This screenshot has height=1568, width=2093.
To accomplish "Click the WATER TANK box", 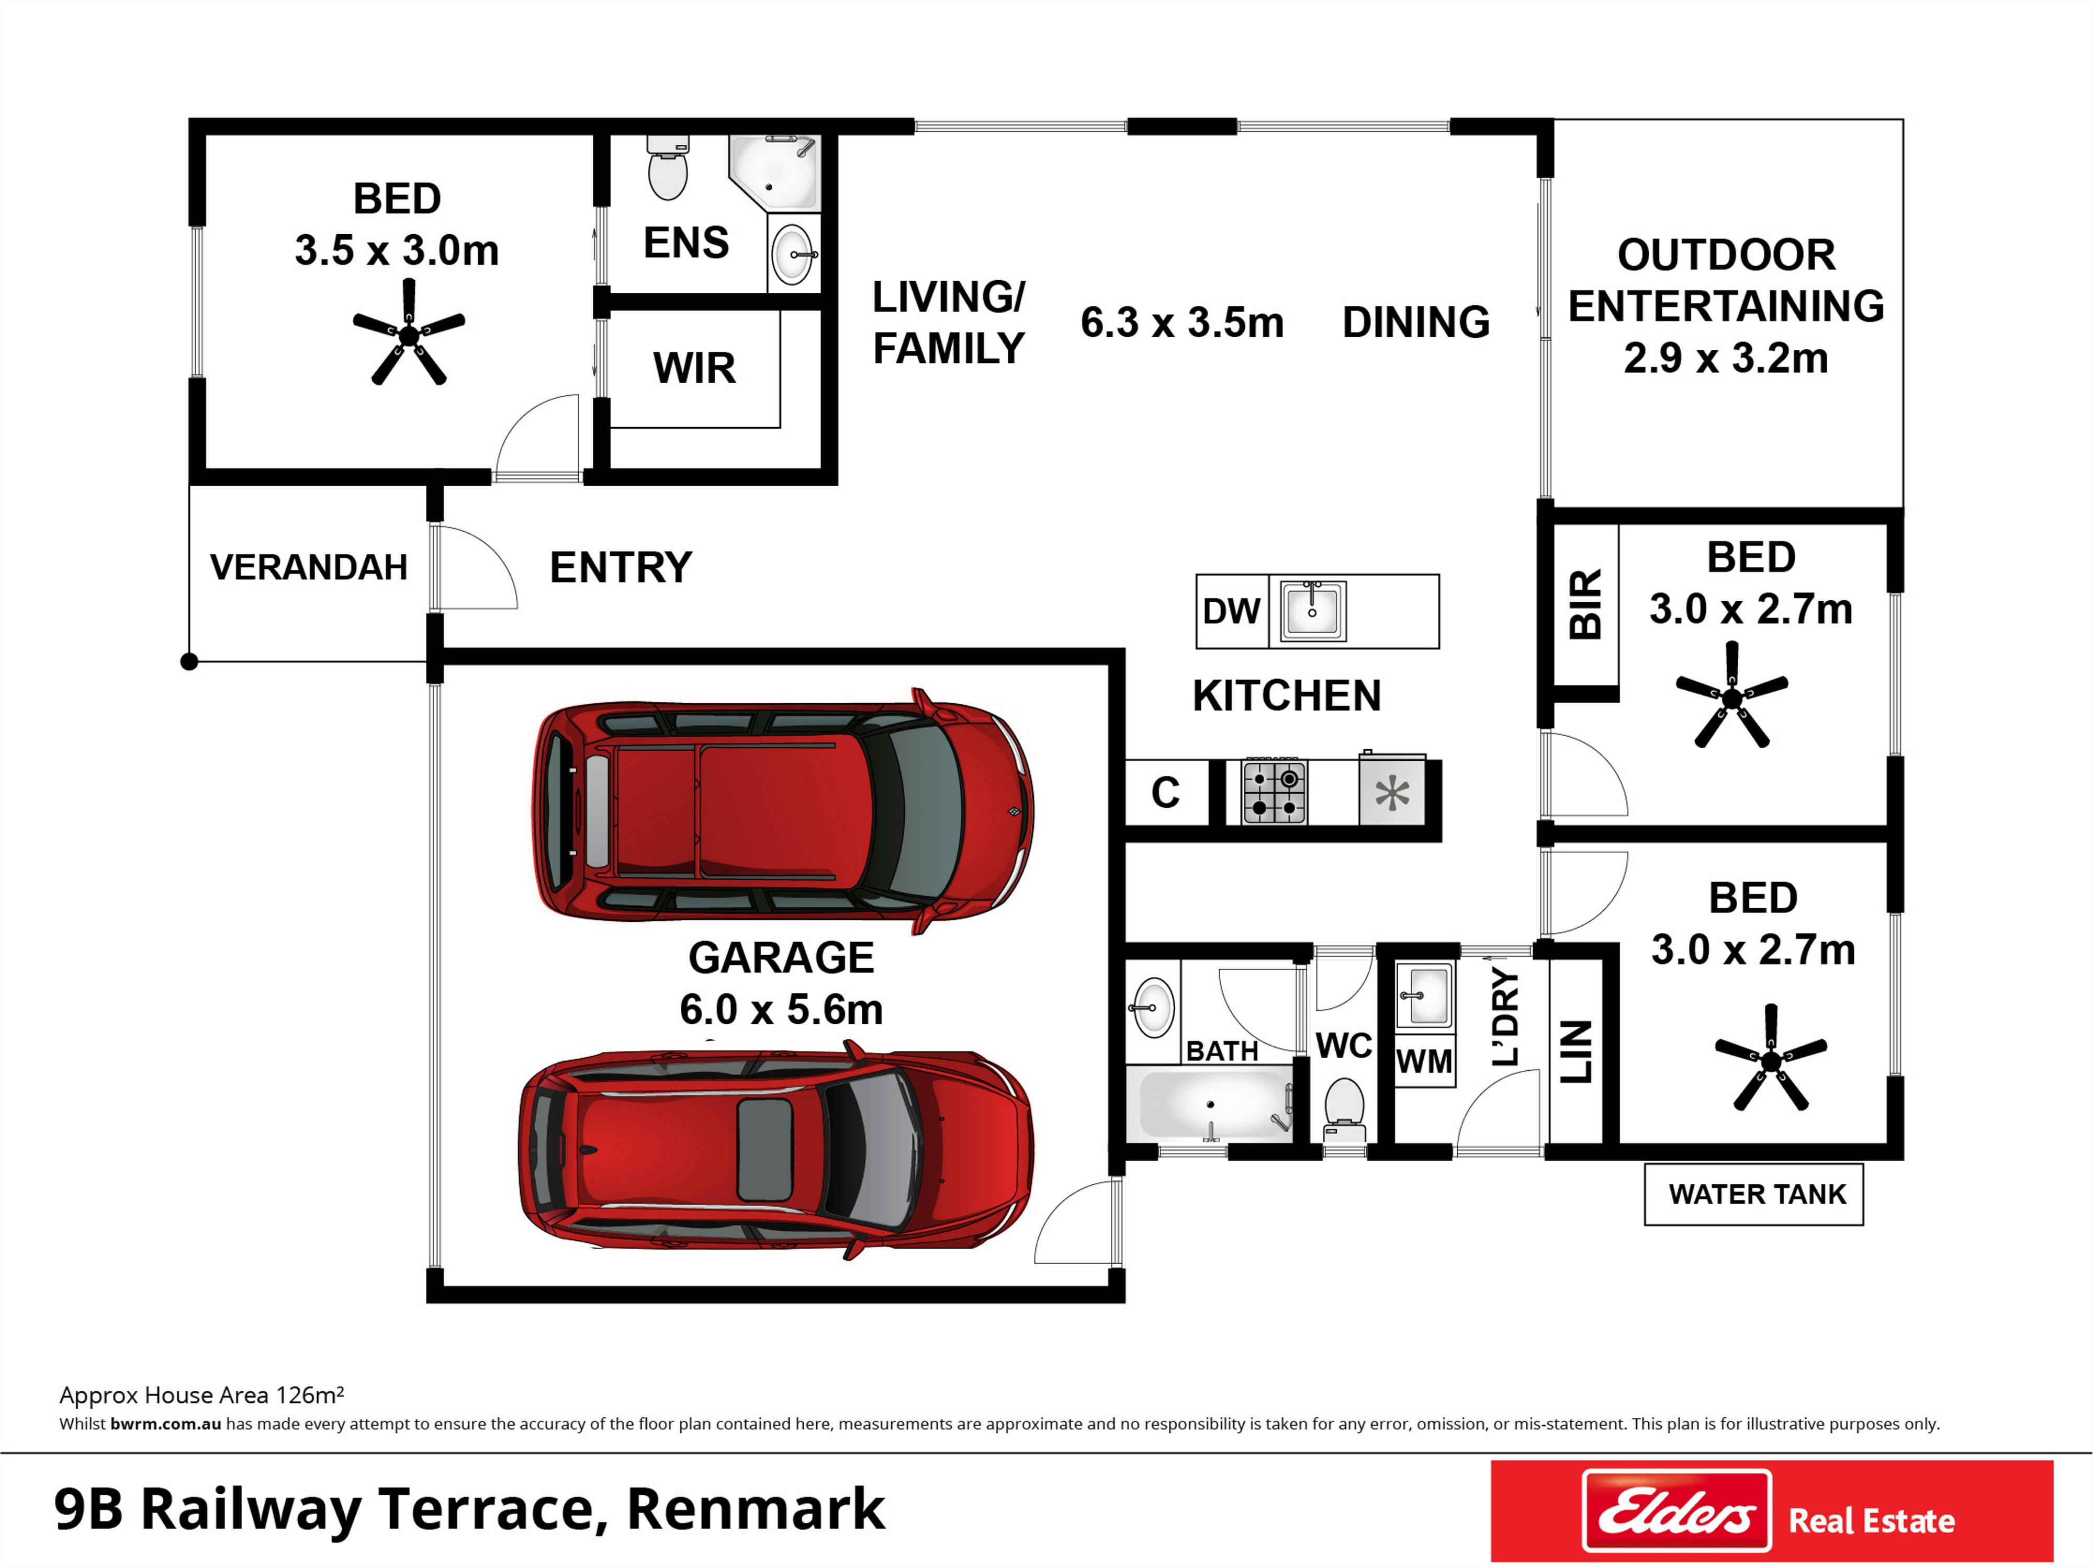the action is (1753, 1195).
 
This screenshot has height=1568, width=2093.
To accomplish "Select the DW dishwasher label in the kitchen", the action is (1231, 611).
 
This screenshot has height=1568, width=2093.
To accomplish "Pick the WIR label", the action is (694, 368).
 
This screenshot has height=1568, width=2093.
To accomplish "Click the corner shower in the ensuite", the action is (774, 173).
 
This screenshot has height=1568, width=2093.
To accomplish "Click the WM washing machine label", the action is (1424, 1061).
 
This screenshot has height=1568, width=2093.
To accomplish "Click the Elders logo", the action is (1676, 1510).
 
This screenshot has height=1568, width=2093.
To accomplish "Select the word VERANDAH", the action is (309, 567).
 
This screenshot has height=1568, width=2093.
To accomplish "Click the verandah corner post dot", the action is (189, 662).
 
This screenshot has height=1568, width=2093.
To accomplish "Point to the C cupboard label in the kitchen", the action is (1165, 793).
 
